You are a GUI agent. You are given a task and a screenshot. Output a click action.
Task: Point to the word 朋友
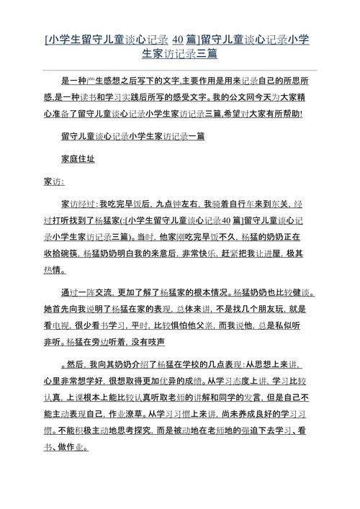click(x=279, y=310)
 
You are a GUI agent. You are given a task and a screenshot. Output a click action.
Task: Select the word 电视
click(x=71, y=325)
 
